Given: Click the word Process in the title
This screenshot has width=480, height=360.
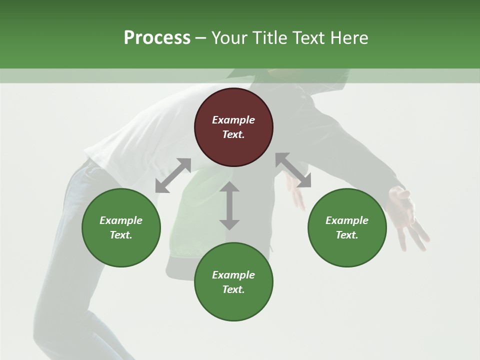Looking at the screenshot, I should coord(157,38).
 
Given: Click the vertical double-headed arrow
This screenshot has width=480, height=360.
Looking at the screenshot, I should coord(229,205).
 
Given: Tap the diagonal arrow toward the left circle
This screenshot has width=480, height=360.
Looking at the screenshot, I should coord(173,175).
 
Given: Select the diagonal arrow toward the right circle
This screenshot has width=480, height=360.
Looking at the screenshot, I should coord(293,170).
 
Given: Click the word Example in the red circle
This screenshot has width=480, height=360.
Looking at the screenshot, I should coord(233,120).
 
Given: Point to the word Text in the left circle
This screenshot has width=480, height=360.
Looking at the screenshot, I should coord(121,235).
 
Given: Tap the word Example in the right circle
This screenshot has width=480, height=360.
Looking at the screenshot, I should coord(347,220).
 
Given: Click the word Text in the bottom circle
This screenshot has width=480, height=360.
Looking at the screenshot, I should coord(233,289).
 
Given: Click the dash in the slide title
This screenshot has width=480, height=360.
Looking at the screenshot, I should coord(200,38).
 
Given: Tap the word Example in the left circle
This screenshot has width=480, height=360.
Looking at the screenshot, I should coord(121,220).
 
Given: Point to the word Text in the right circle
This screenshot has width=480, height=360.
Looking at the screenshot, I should coord(347,235).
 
